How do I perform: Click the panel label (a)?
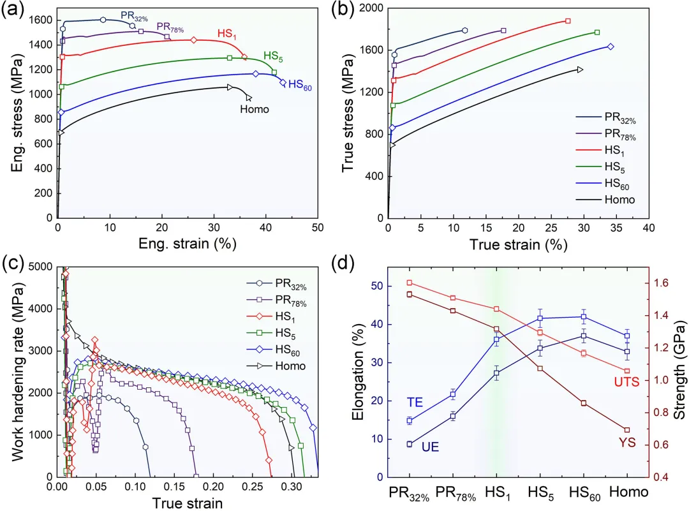click(x=13, y=11)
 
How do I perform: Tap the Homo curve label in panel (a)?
click(x=255, y=109)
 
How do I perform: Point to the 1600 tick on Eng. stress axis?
click(x=39, y=20)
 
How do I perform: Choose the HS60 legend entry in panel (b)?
click(x=619, y=183)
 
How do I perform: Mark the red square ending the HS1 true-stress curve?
click(x=568, y=21)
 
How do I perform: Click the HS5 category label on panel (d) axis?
click(x=540, y=492)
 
